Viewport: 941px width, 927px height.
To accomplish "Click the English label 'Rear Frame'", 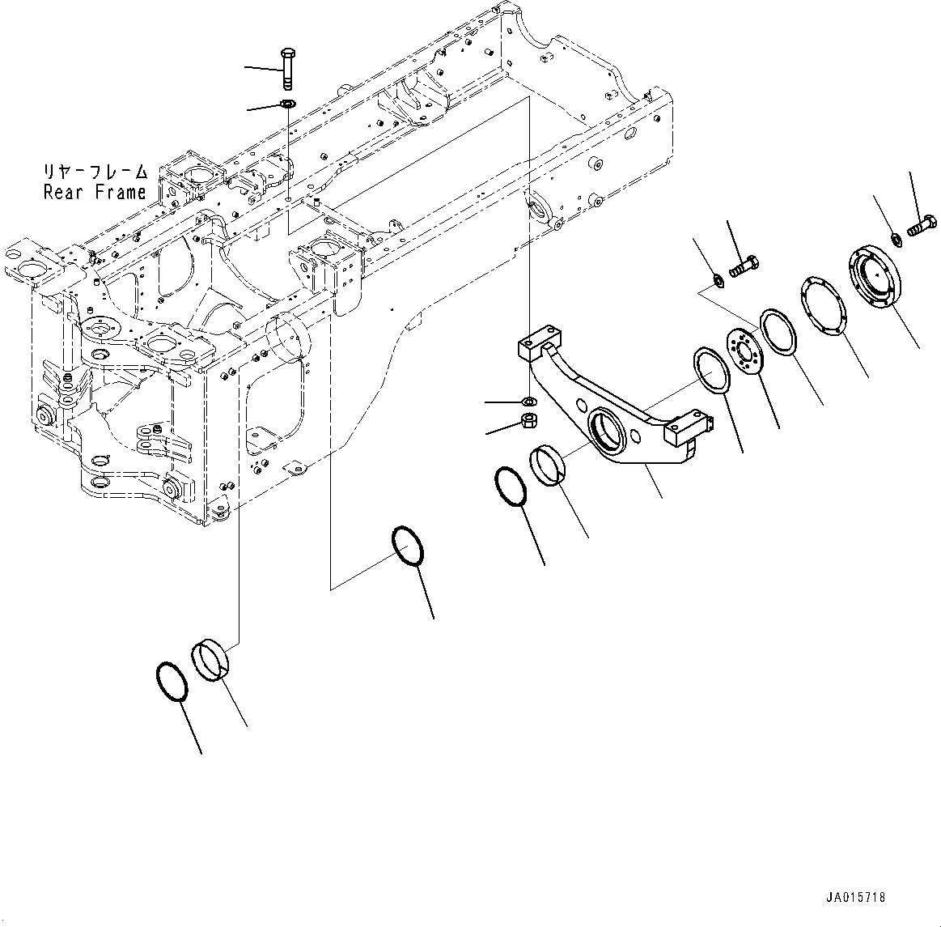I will click(x=95, y=192).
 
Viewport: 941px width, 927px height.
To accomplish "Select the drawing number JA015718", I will click(x=855, y=898).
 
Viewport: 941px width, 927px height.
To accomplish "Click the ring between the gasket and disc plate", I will click(x=778, y=331).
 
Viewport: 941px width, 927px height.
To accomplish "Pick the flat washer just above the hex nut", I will click(x=527, y=401).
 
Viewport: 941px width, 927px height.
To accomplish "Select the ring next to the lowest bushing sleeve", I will click(x=172, y=681).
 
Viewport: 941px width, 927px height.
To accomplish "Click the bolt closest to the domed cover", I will click(x=922, y=227).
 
